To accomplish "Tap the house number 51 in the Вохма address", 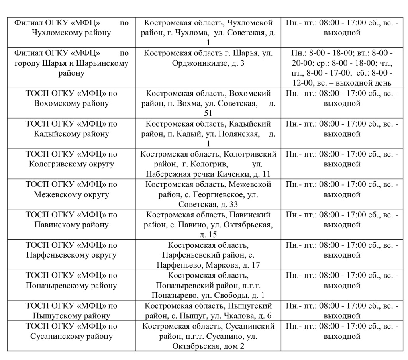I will [208, 113].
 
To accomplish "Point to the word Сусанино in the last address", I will [218, 337].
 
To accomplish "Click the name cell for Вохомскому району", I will [72, 103].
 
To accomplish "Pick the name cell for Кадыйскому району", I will [72, 133].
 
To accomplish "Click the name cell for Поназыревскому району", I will [72, 286].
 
